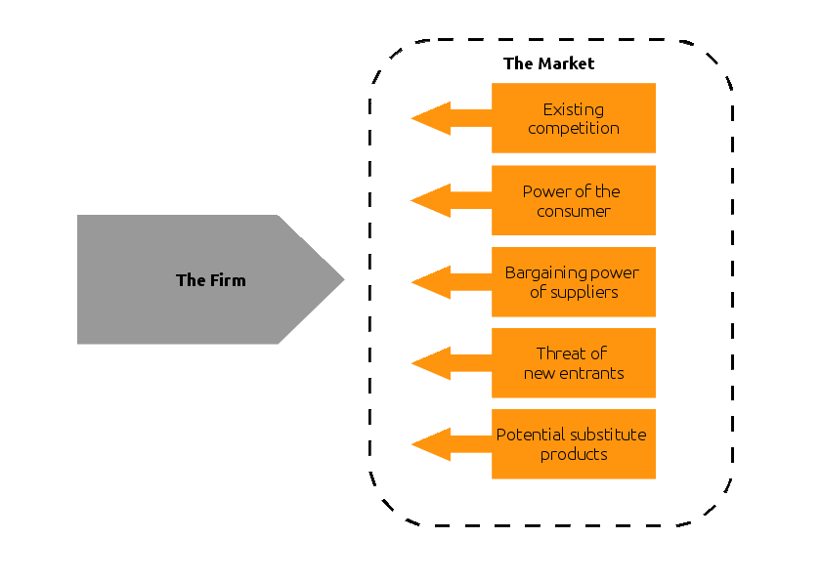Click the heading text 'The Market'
[x=548, y=63]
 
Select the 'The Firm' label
[x=210, y=280]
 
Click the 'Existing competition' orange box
[x=573, y=118]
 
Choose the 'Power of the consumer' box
[x=573, y=200]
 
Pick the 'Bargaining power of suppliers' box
[x=573, y=282]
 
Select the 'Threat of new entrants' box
[x=573, y=363]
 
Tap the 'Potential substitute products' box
[x=573, y=444]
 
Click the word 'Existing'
[x=573, y=109]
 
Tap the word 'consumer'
[x=573, y=211]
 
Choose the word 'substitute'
[x=605, y=435]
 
